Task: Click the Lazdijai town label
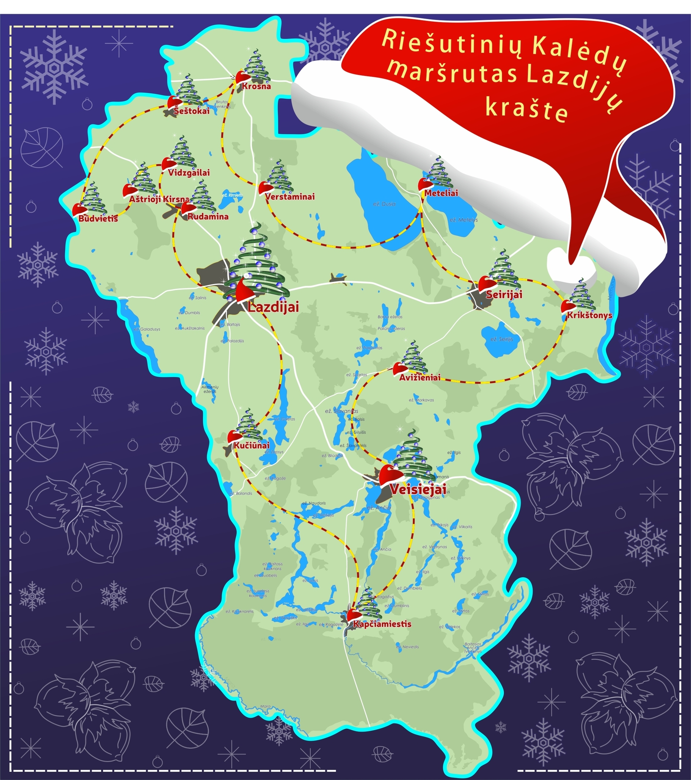pos(273,307)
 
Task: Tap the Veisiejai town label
pos(418,489)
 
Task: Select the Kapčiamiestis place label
pos(382,624)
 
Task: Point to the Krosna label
pos(256,86)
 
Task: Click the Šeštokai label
pos(191,111)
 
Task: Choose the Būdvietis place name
pos(98,219)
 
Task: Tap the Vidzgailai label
pos(189,172)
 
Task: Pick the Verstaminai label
pos(290,197)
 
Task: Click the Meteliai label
pos(441,193)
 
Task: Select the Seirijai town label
pos(504,295)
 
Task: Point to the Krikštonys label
pos(589,315)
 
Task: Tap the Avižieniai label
pos(420,377)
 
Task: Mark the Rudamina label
pos(208,217)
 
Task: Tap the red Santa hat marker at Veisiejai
pos(390,475)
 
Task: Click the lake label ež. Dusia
pos(384,204)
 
